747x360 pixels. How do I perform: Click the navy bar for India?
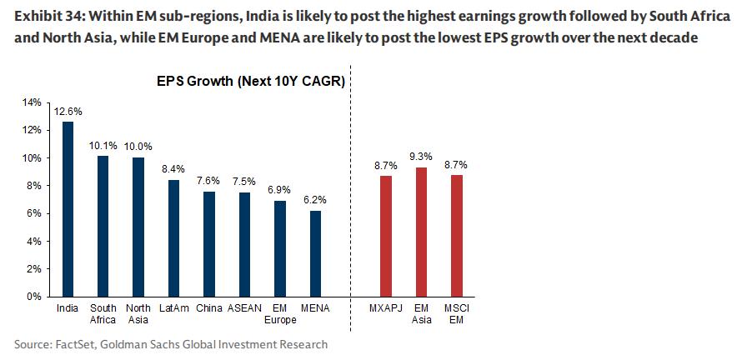tap(68, 209)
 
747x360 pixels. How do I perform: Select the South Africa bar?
tap(103, 226)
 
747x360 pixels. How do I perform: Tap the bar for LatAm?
tap(173, 237)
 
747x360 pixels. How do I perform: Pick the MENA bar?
tap(315, 253)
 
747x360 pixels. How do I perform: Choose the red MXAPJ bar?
tap(385, 236)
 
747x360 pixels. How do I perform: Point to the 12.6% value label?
tap(68, 111)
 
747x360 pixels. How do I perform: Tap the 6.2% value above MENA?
tap(315, 200)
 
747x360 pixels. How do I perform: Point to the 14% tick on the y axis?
tap(31, 102)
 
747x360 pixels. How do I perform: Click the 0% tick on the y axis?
tap(33, 296)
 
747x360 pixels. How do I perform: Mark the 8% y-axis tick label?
tap(33, 186)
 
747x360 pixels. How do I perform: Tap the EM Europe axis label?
tap(280, 314)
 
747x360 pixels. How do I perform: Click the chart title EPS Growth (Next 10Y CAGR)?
tap(251, 82)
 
